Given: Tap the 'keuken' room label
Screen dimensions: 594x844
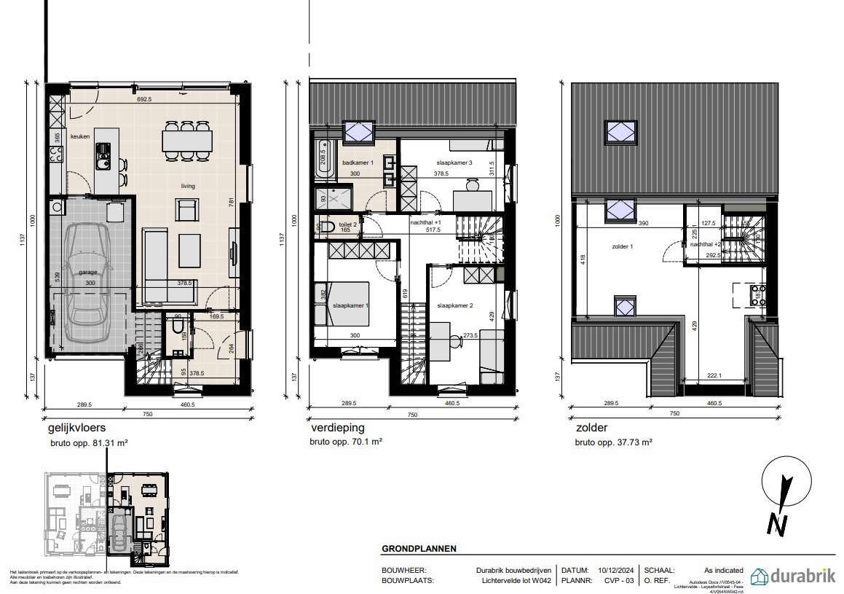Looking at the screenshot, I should [x=79, y=136].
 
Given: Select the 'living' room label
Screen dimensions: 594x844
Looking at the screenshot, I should [x=188, y=186].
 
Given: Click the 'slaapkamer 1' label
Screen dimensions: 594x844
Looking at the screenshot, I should [x=350, y=305].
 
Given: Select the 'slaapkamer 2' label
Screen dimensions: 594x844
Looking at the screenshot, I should [x=454, y=306].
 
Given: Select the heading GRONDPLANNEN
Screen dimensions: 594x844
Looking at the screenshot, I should [x=419, y=549].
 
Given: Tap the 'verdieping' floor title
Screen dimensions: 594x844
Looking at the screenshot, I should [x=336, y=429].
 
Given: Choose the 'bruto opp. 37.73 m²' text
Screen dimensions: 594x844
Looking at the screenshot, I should [x=613, y=442].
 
